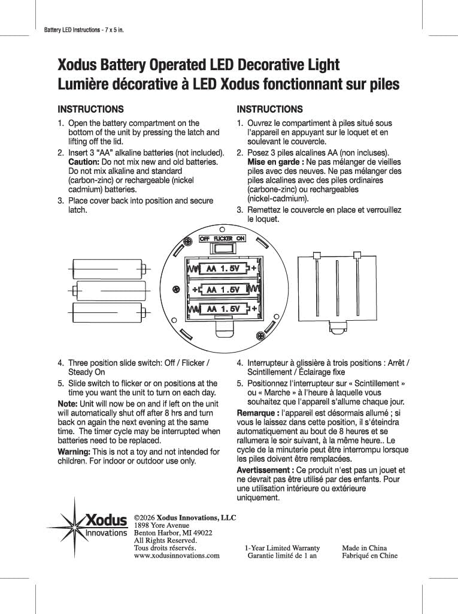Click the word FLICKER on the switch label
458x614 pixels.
[223, 239]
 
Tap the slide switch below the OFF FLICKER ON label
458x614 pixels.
[222, 249]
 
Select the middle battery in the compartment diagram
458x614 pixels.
[222, 290]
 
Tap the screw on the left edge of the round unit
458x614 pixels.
[176, 290]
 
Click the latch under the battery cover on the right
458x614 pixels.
[337, 327]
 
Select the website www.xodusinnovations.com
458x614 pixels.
[177, 555]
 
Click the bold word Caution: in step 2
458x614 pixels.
[84, 162]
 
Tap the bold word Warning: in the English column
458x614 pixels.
[74, 452]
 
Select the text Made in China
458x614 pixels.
[365, 548]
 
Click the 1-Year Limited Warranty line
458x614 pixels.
[282, 548]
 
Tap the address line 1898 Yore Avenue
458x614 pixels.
[162, 525]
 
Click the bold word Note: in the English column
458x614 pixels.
[68, 404]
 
